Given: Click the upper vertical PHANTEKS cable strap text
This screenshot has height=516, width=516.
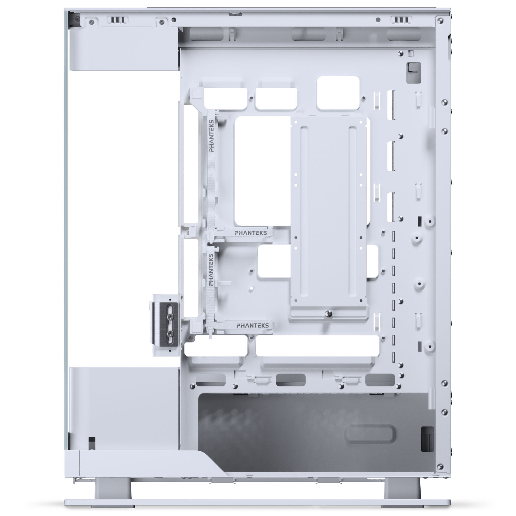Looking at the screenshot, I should click(212, 136).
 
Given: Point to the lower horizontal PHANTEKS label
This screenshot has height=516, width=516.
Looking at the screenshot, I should click(252, 325).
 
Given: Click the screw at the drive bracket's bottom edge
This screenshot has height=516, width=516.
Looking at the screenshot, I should click(329, 313).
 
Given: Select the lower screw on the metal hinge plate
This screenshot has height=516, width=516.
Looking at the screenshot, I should click(171, 333).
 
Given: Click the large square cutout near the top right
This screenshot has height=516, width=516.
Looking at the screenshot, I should click(338, 92).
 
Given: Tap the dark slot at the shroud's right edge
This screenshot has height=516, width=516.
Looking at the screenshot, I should click(427, 439).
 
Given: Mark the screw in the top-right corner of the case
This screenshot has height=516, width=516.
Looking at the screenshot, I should click(440, 21).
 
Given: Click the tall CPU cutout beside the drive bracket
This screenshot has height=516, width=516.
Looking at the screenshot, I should click(262, 171).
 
